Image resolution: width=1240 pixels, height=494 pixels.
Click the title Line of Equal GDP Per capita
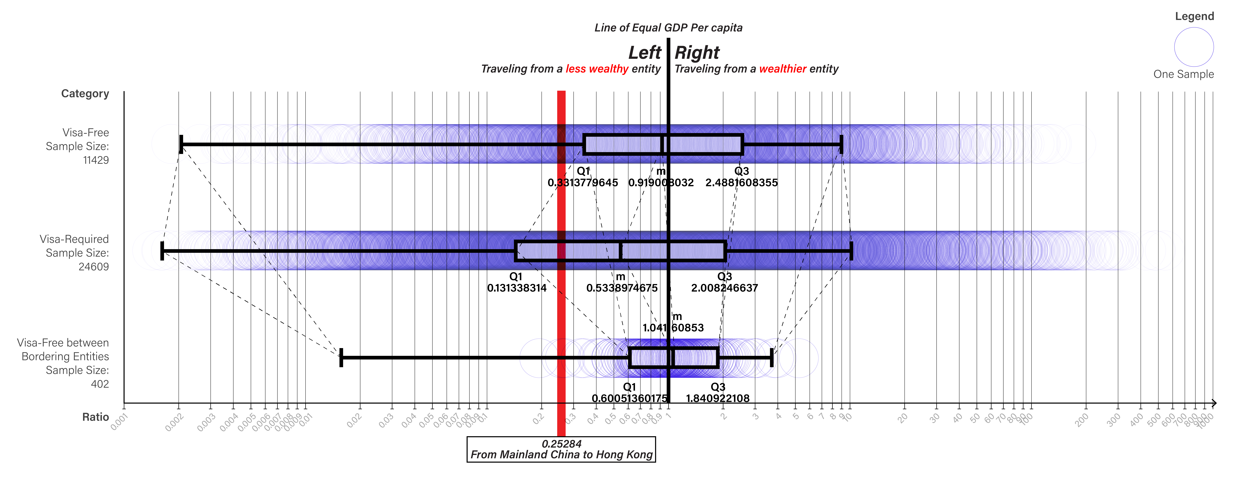tap(668, 28)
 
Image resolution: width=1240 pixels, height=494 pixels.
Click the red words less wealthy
tap(597, 69)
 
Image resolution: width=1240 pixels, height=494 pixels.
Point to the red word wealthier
tap(782, 69)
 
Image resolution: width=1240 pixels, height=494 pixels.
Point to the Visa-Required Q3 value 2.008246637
tap(724, 288)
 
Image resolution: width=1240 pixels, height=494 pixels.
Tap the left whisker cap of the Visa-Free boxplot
tap(181, 144)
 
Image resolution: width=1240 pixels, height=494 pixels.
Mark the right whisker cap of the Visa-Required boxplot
tap(851, 251)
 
